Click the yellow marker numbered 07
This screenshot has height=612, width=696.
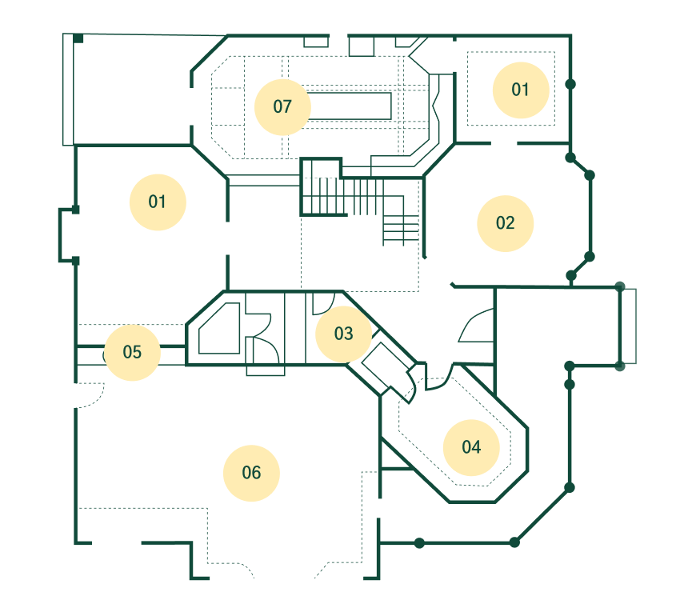(282, 107)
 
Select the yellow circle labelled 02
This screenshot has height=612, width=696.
(505, 223)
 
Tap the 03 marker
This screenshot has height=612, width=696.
(343, 334)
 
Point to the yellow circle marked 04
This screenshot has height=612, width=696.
(471, 447)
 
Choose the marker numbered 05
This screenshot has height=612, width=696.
(132, 352)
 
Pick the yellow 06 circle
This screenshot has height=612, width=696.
(251, 473)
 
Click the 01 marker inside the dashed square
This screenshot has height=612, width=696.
(521, 90)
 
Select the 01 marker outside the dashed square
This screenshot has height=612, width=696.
(158, 202)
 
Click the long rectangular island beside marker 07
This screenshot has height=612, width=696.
(350, 106)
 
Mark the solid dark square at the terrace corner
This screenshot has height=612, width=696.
(78, 38)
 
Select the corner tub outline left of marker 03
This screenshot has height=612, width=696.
(219, 329)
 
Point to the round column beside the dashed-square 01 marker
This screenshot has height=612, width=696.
(570, 84)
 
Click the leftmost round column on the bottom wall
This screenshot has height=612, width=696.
(419, 542)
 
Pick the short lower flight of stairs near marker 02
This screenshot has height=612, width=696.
(401, 230)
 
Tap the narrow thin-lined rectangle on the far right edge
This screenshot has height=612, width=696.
(629, 326)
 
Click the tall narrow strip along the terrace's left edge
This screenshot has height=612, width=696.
(68, 90)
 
